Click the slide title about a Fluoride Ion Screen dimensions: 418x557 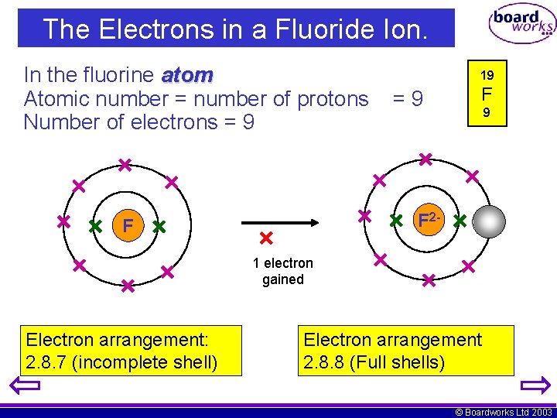pos(235,29)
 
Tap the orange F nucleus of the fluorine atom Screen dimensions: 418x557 pos(128,227)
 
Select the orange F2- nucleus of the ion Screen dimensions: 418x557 pos(429,220)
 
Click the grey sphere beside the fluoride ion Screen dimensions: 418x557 pos(489,222)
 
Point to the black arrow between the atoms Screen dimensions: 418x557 pos(289,222)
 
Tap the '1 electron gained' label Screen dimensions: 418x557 pos(283,272)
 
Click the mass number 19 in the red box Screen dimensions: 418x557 pos(487,76)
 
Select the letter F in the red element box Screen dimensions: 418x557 pos(487,96)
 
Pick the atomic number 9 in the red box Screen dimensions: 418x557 pos(487,113)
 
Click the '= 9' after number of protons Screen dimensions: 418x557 pos(407,99)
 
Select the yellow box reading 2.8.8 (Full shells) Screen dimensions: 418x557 pos(405,351)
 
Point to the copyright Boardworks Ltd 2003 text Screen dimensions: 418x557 pos(504,412)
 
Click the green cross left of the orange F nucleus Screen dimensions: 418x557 pos(95,227)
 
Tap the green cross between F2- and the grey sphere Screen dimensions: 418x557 pos(460,221)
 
